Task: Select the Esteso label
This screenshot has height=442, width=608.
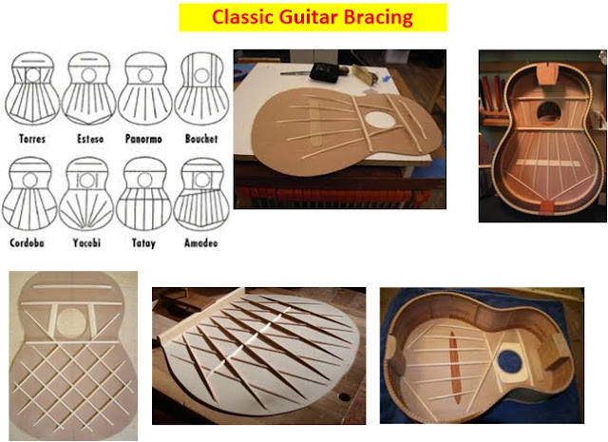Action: (87, 139)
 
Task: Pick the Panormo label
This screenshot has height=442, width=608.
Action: (145, 139)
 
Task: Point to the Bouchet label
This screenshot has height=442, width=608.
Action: (200, 139)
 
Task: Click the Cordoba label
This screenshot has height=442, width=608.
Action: (34, 242)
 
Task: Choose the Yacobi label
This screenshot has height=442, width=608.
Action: (87, 242)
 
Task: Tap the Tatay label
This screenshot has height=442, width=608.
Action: (145, 242)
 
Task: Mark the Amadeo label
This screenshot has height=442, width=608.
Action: (199, 242)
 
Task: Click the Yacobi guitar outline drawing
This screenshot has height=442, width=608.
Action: (87, 195)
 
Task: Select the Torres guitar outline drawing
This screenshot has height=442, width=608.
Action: (34, 90)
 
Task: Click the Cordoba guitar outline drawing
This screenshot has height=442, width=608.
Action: (34, 195)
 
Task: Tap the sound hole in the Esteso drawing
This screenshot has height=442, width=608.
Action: (87, 73)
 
